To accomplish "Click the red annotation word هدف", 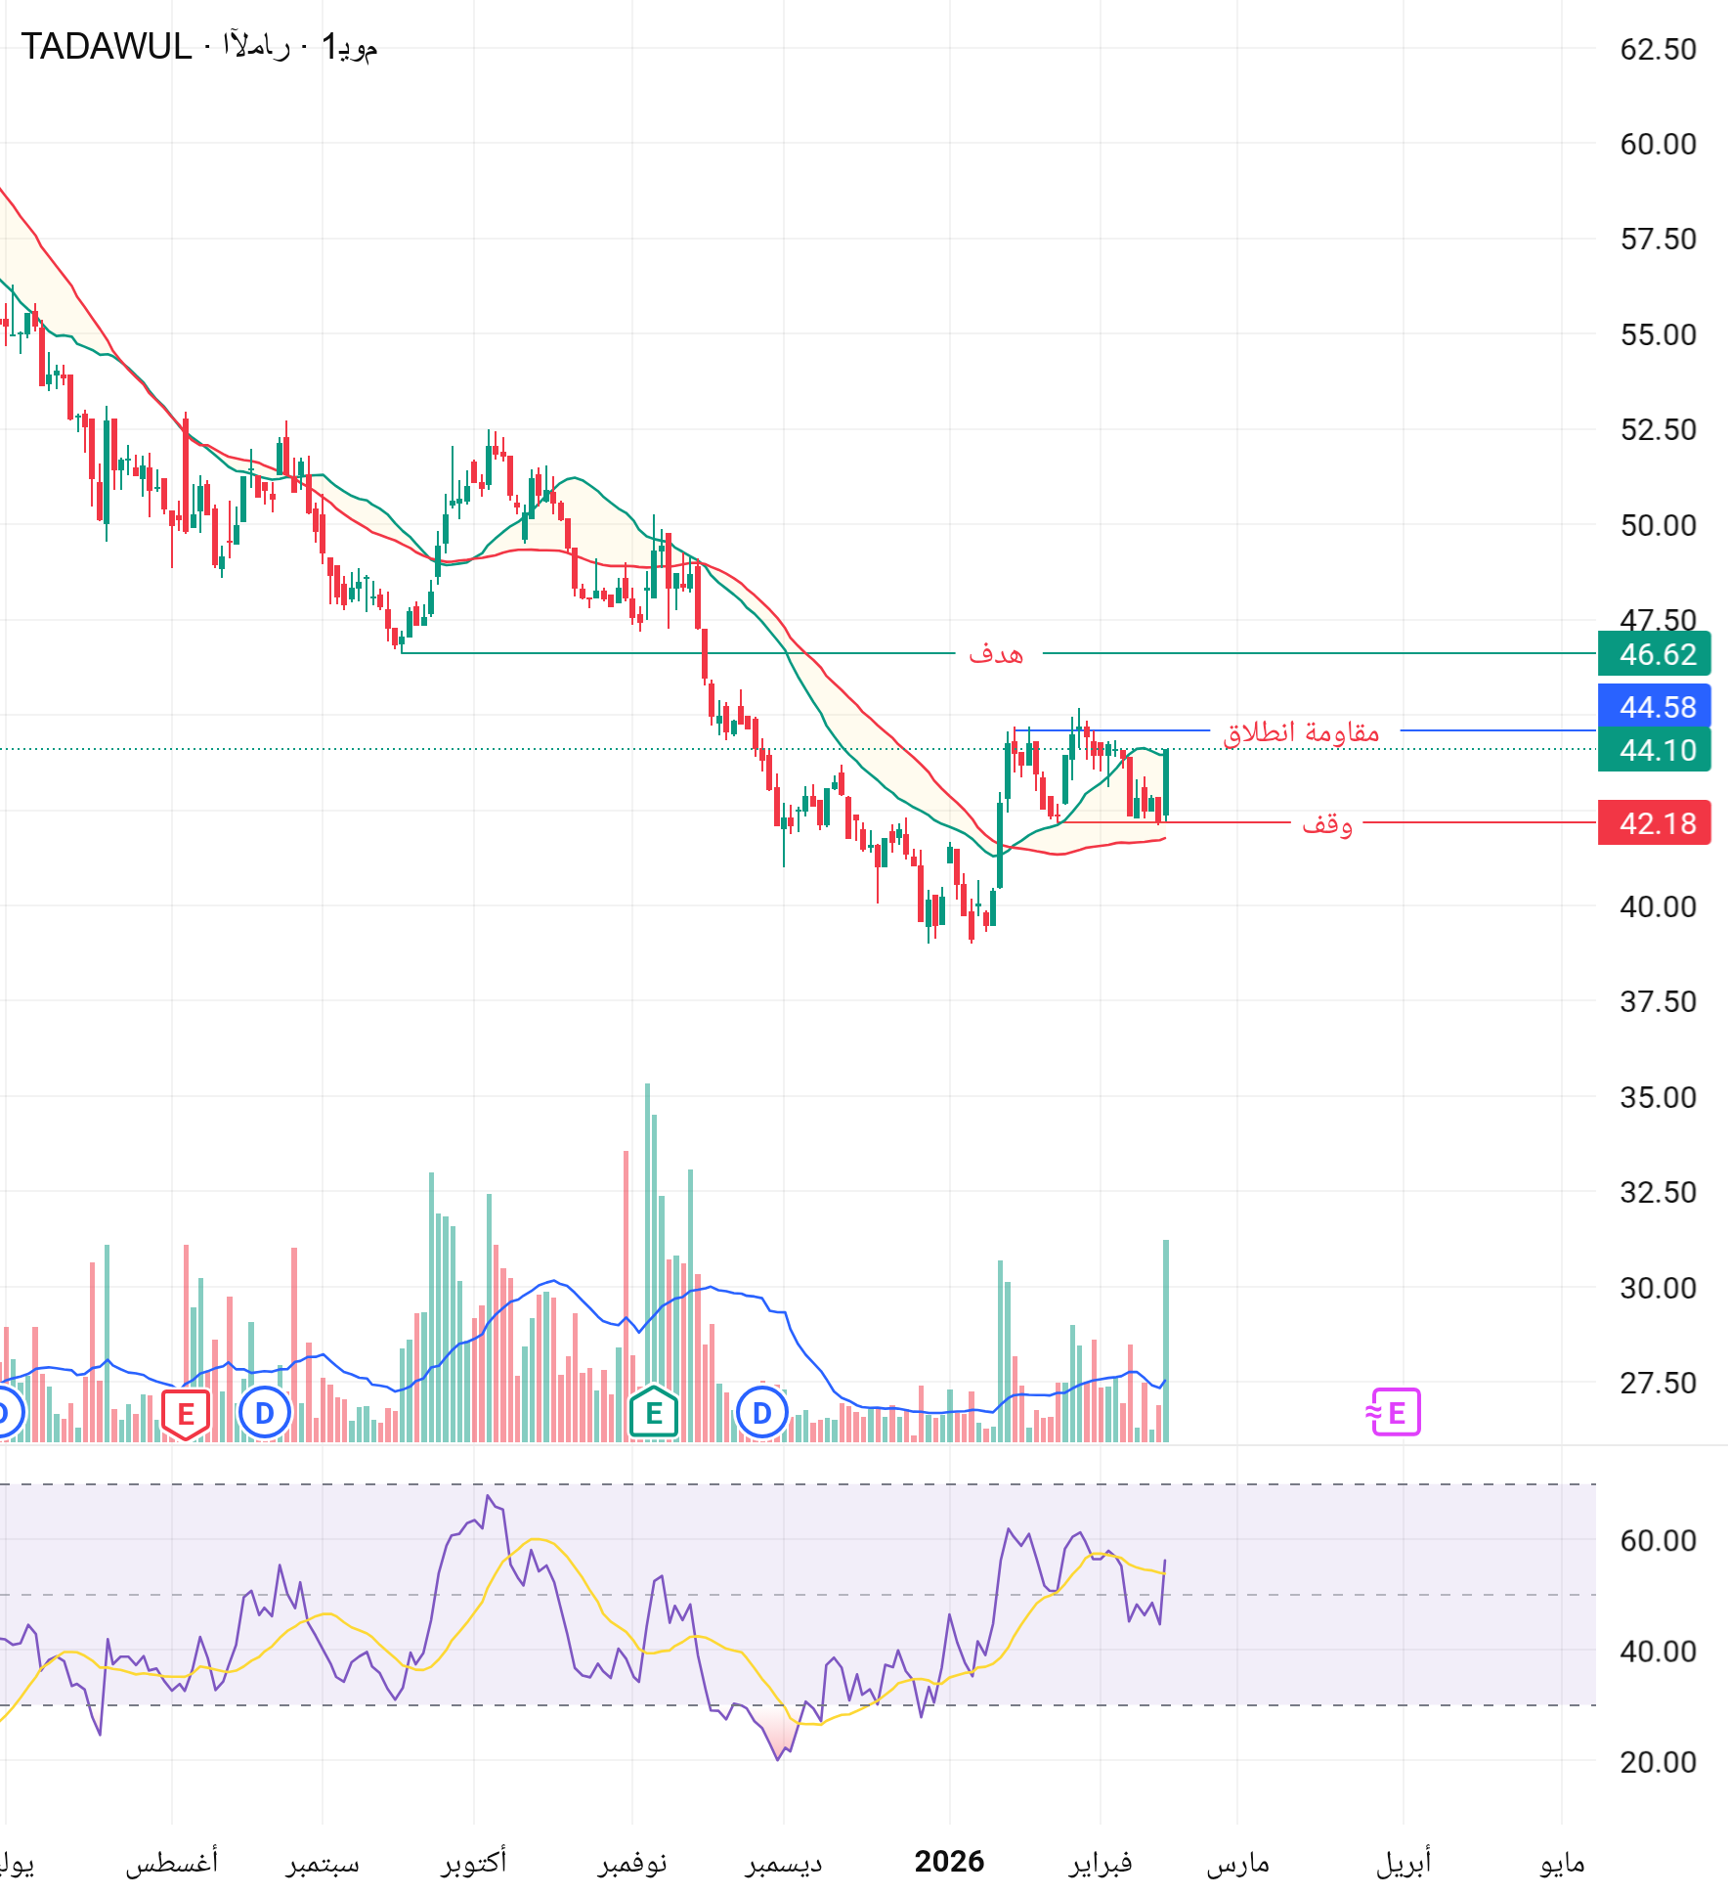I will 996,653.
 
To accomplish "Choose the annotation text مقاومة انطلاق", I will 1303,731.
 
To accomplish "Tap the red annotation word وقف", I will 1326,823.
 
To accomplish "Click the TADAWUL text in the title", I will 107,47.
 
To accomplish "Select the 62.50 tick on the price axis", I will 1658,50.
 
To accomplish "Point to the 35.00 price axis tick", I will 1658,1097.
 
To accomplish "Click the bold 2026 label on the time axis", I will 949,1861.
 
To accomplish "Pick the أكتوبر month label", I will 474,1861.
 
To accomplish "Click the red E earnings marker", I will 185,1414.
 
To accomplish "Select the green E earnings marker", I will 654,1413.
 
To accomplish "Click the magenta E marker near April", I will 1395,1413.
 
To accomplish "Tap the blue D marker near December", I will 761,1413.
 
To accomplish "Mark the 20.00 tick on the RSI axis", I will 1658,1762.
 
